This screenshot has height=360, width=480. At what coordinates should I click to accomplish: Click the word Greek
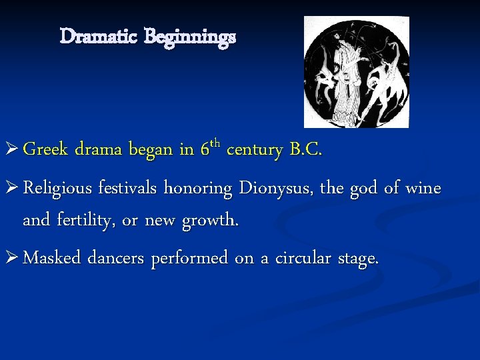tap(47, 150)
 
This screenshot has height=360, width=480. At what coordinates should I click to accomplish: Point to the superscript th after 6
tap(214, 143)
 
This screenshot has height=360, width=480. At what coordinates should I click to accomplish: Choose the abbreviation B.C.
tap(305, 150)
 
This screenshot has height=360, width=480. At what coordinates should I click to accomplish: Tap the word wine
tap(423, 189)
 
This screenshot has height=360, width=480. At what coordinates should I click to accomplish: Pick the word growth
tap(211, 220)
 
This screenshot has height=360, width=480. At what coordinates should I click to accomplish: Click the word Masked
tap(50, 258)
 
